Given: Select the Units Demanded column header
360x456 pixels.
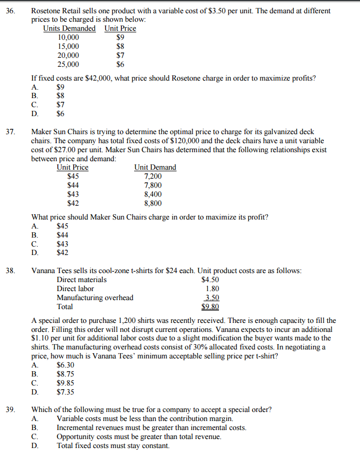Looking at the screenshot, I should click(69, 29).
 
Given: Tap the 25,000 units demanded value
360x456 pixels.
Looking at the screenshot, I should click(68, 65).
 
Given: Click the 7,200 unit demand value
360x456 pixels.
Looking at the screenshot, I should click(153, 177).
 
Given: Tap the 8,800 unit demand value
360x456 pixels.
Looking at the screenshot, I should click(153, 203).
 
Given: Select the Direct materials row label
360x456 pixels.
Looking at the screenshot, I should click(82, 279).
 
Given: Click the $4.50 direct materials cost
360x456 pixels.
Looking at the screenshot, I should click(210, 279).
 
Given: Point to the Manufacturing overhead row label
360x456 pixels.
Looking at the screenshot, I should click(95, 297).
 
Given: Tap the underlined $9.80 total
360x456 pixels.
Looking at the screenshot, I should click(210, 306).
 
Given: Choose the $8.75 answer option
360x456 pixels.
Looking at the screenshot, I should click(65, 374).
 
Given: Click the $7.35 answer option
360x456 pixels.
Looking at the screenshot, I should click(65, 392).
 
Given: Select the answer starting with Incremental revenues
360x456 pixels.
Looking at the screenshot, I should click(151, 428).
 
